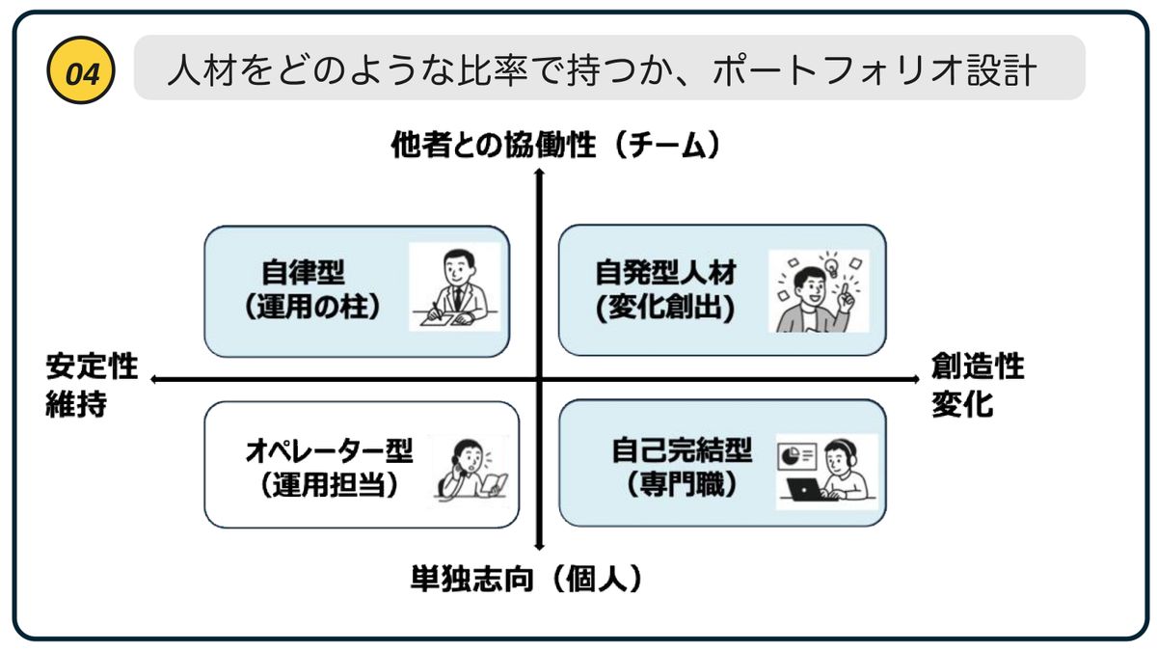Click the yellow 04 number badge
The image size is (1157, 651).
click(x=81, y=70)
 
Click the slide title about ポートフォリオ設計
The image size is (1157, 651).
click(x=602, y=70)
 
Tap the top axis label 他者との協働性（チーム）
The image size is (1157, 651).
click(x=556, y=146)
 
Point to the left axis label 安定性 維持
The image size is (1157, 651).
click(x=91, y=385)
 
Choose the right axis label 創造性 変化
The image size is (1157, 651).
click(x=977, y=385)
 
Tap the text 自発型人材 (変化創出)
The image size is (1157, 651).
click(x=665, y=290)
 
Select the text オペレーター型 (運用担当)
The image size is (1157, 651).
click(x=329, y=468)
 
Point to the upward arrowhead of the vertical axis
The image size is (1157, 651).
click(x=541, y=172)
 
